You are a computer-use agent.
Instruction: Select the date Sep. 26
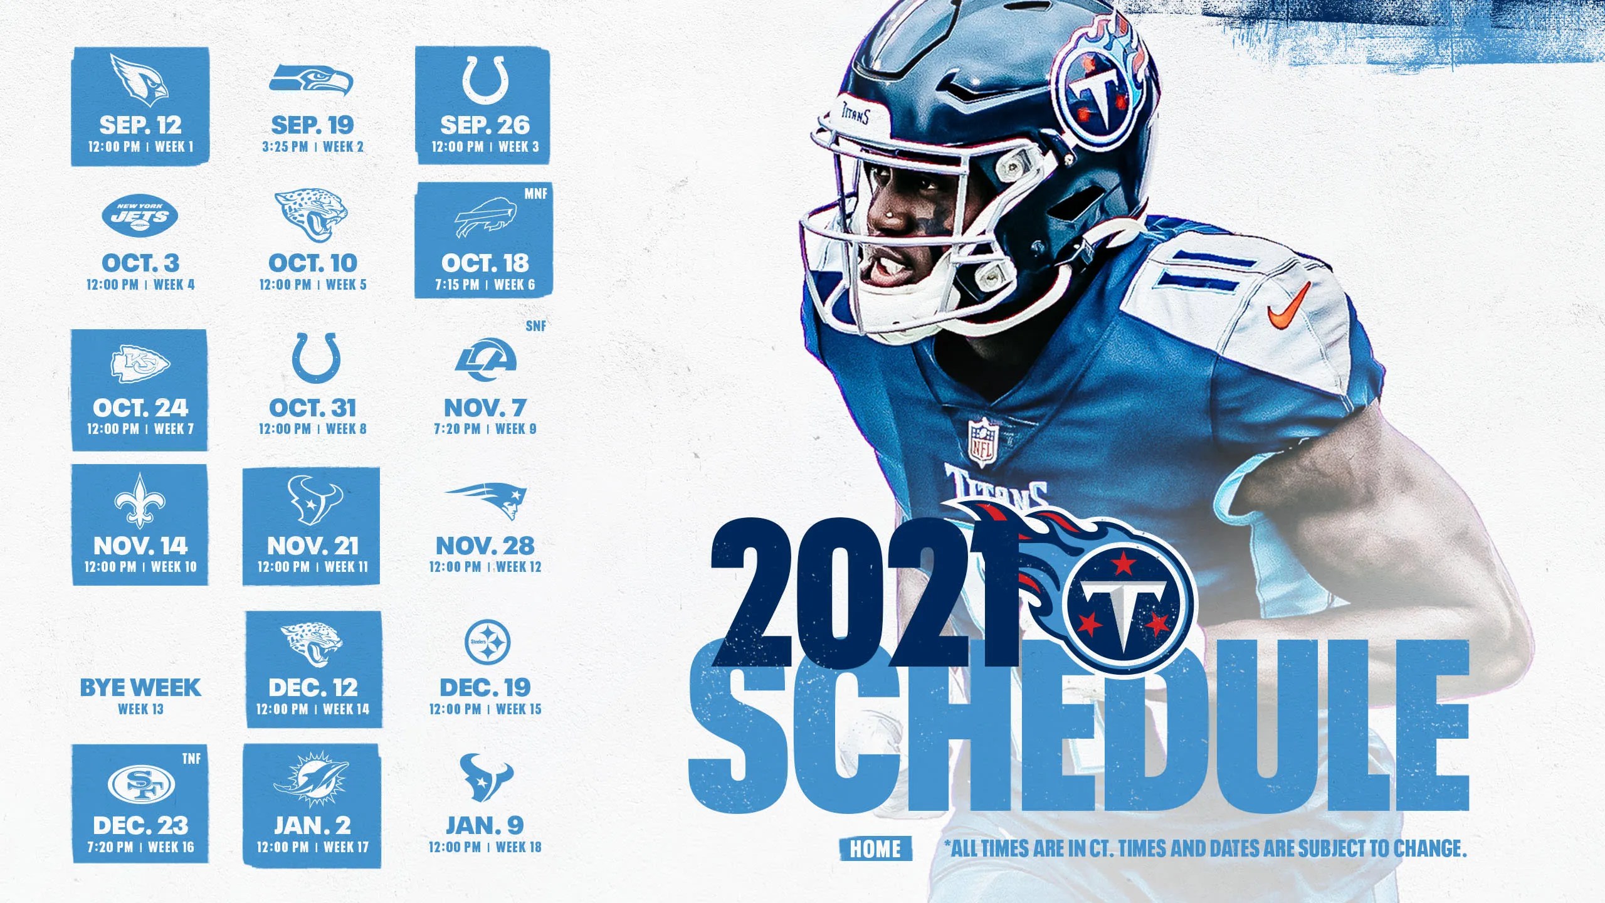pos(485,125)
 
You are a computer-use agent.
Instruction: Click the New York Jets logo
pos(140,216)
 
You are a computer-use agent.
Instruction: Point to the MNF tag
pos(535,194)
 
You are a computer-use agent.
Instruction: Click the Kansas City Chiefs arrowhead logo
pos(140,363)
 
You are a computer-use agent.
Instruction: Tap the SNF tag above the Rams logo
pos(535,326)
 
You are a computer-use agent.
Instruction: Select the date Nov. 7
pos(485,408)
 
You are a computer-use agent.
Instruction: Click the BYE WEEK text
pos(140,688)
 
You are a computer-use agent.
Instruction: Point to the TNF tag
pos(191,759)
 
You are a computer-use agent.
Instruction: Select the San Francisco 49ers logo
pos(141,784)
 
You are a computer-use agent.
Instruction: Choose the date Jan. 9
pos(485,825)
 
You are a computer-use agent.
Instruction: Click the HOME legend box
pos(875,849)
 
